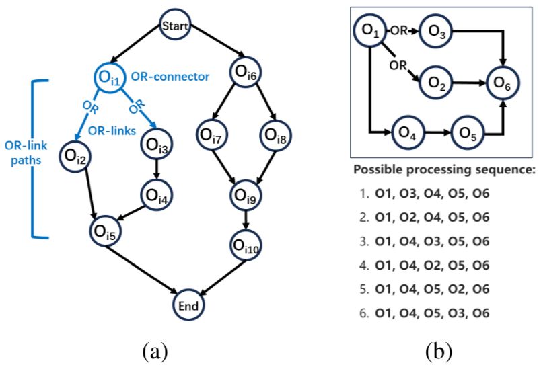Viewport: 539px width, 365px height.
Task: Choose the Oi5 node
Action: click(x=107, y=232)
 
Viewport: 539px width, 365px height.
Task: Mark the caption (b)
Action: click(x=439, y=350)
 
